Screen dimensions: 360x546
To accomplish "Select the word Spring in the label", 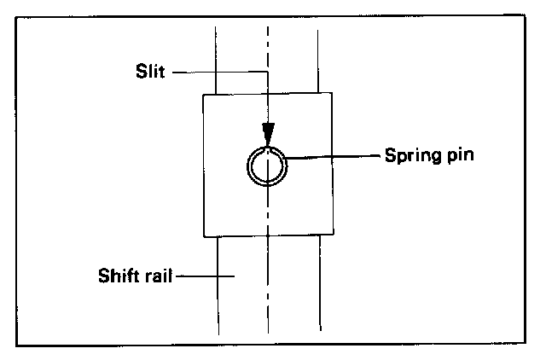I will [407, 158].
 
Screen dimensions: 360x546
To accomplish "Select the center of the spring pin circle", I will [268, 165].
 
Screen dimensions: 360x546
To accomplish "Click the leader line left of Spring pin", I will [333, 157].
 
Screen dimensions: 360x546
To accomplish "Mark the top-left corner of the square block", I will [203, 94].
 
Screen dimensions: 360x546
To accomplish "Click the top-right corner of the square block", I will [331, 94].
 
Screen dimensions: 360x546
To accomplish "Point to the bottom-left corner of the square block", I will [203, 236].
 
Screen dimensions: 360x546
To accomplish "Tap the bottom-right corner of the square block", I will [331, 236].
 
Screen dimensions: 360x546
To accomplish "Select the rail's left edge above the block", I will [216, 60].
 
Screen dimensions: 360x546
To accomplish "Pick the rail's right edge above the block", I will [318, 60].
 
